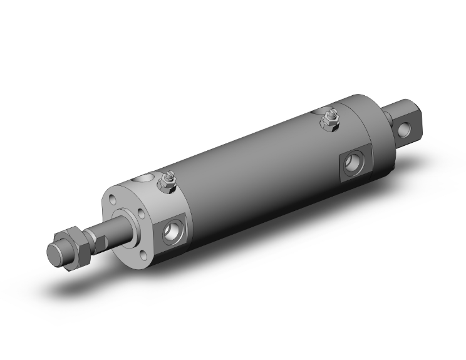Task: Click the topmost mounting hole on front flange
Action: pos(112,200)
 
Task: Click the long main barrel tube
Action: pos(251,169)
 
